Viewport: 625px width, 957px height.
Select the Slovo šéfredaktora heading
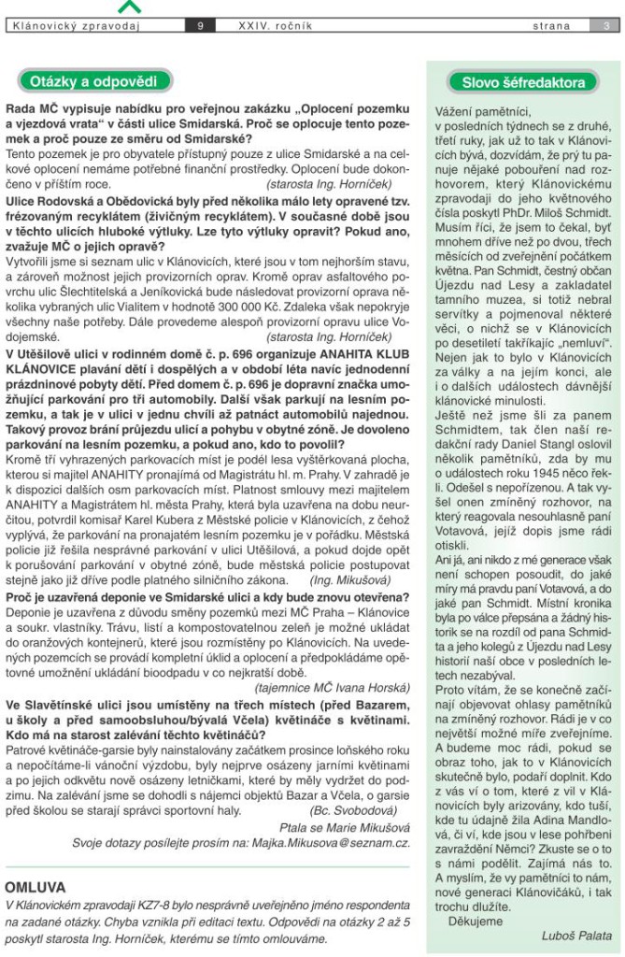523,81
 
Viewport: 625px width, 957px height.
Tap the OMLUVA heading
36,886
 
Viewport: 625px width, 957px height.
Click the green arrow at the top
130,7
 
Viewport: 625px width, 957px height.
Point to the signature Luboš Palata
576,935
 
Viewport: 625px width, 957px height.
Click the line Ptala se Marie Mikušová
344,827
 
